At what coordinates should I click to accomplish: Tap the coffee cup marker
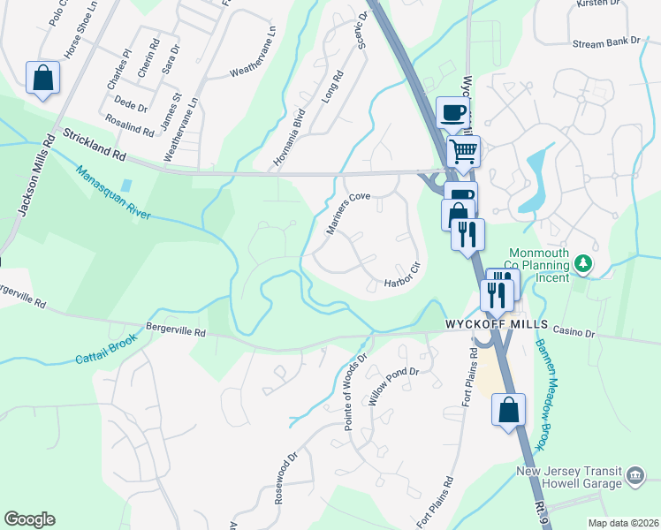453,114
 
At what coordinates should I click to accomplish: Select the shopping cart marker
463,151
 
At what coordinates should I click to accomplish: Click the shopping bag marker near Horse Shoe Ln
42,78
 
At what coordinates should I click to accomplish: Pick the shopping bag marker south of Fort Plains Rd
508,410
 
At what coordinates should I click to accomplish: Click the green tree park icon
582,262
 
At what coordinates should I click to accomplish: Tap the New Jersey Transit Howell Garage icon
635,477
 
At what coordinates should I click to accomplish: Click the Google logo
29,519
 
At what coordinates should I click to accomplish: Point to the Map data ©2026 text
623,523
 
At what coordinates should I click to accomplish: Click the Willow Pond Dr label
392,386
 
